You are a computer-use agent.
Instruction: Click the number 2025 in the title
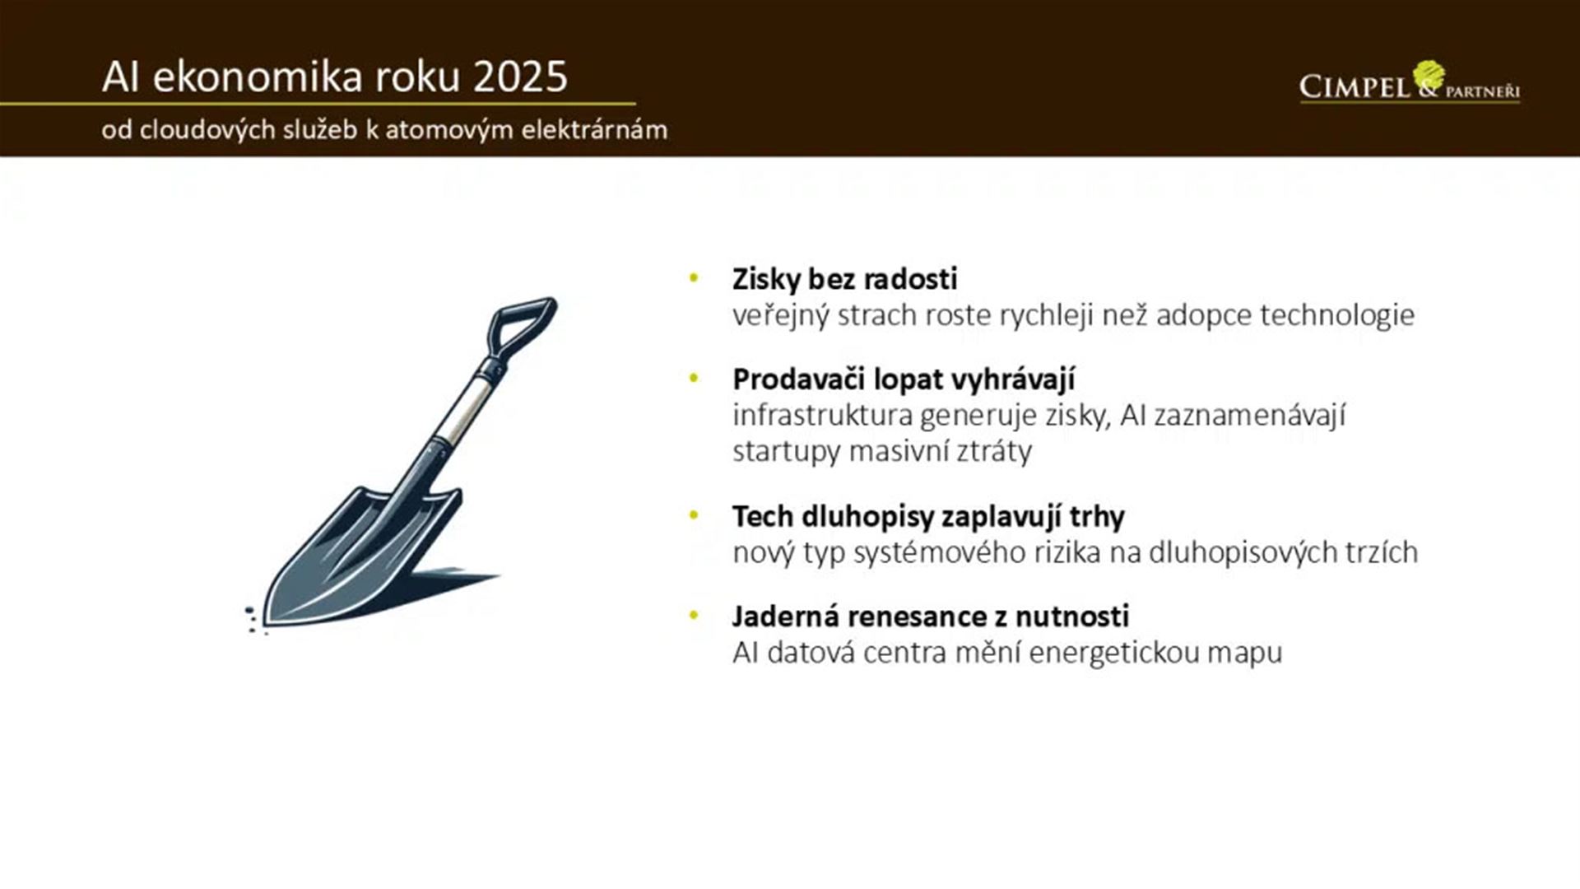(520, 77)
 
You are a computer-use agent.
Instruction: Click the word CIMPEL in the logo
(1355, 86)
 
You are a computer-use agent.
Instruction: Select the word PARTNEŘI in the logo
(1482, 91)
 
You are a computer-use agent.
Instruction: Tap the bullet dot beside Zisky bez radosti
(694, 278)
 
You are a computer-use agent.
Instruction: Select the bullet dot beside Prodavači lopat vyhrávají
(694, 379)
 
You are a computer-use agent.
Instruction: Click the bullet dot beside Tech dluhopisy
(694, 516)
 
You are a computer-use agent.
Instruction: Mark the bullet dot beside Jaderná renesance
(694, 616)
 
